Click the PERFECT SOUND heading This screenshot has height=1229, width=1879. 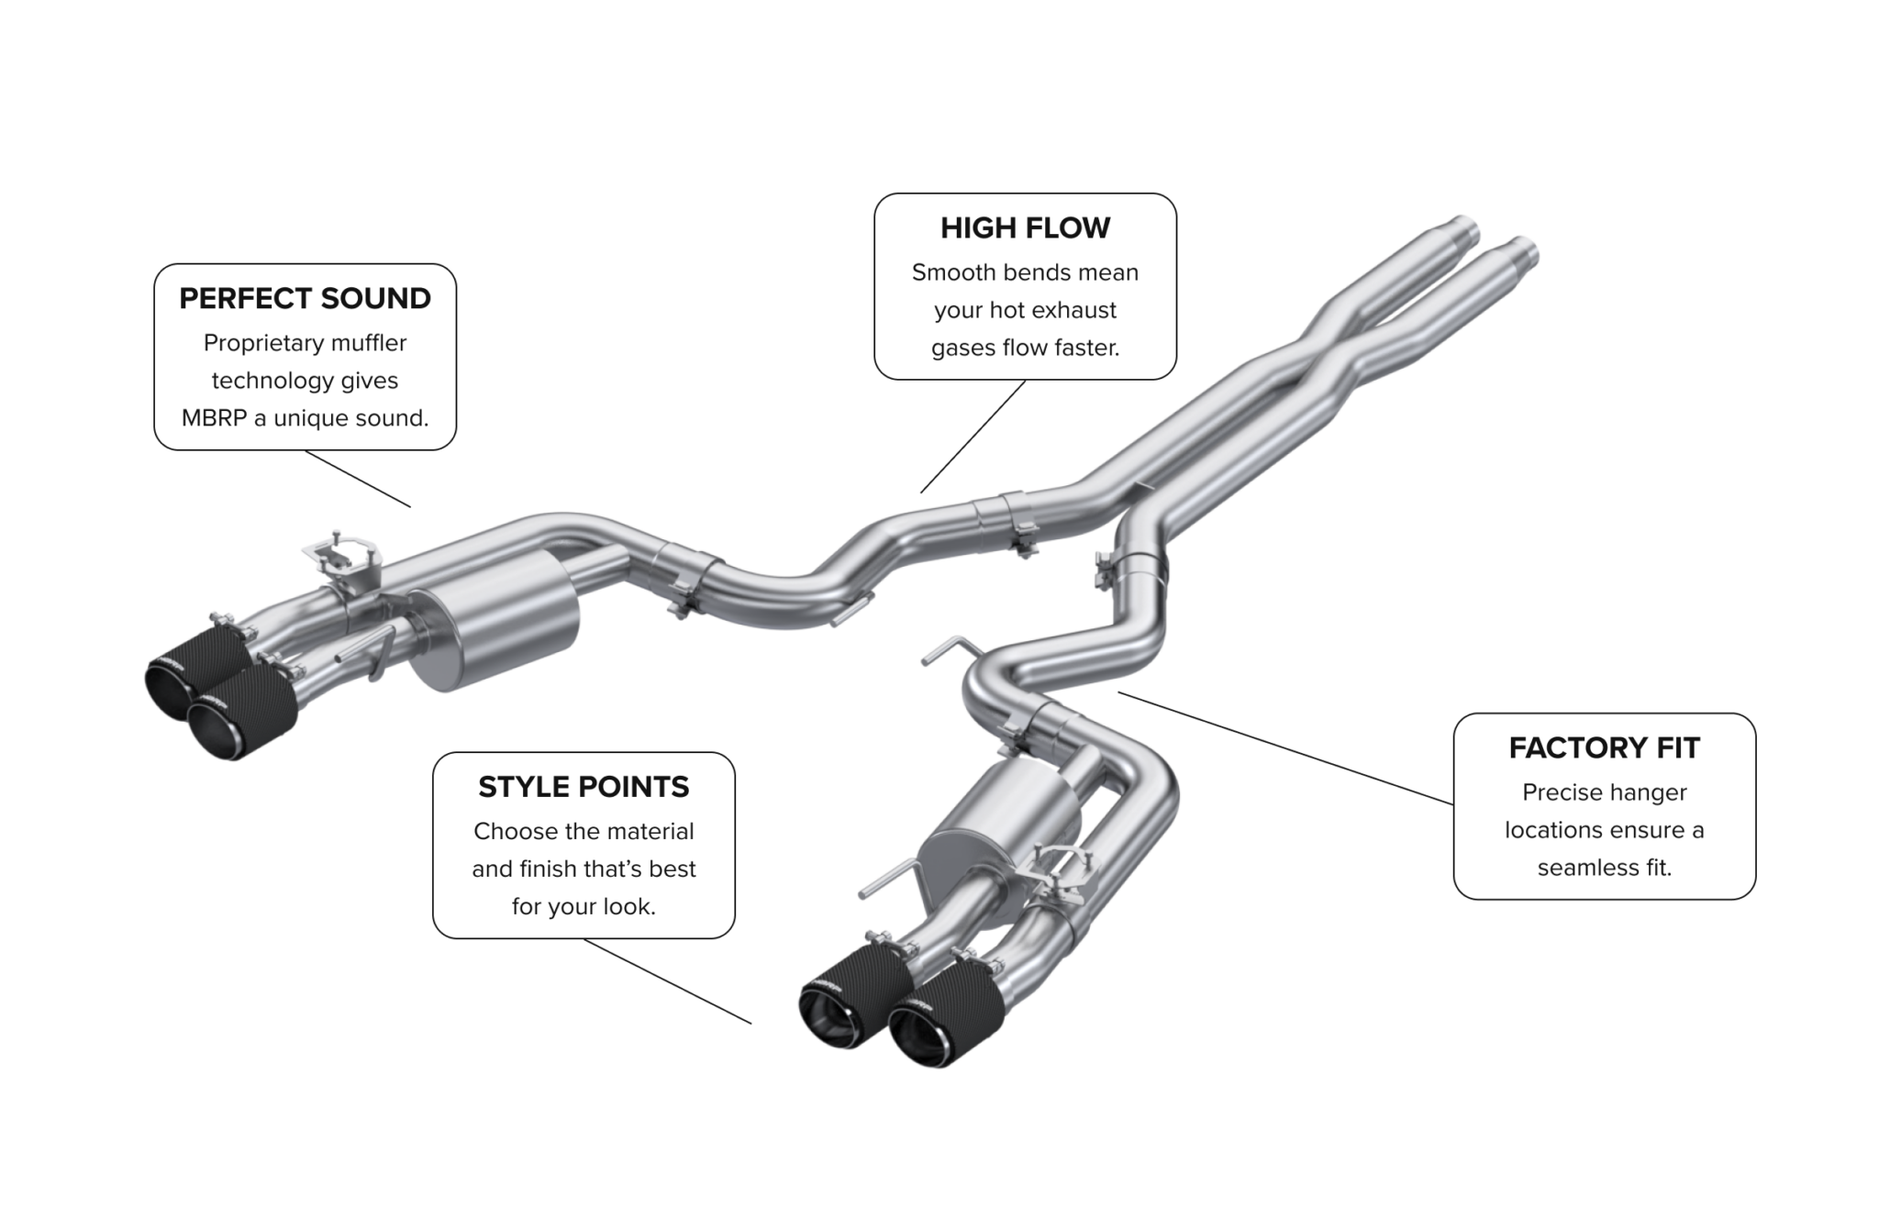[x=305, y=299]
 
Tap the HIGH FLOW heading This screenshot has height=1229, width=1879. [x=1025, y=228]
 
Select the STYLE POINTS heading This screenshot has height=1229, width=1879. [x=584, y=787]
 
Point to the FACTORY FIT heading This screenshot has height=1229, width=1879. [x=1604, y=748]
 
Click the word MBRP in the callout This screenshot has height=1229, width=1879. [x=214, y=418]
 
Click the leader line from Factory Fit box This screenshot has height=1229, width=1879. [x=1284, y=748]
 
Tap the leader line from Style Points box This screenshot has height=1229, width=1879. [x=667, y=981]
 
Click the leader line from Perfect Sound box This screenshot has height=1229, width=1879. [x=358, y=479]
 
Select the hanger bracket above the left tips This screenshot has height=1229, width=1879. [x=341, y=556]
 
